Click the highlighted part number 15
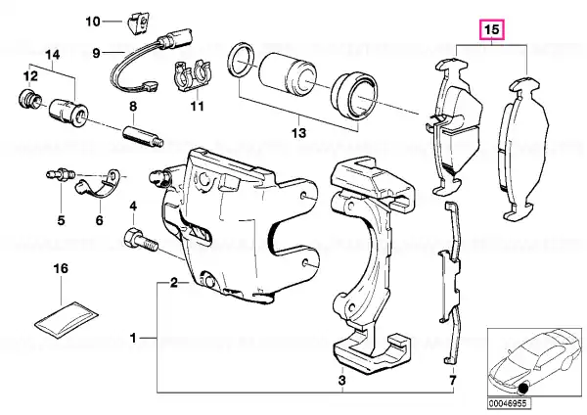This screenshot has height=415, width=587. tap(493, 29)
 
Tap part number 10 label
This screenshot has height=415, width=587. tap(93, 22)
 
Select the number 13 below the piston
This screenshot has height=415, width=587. tap(298, 132)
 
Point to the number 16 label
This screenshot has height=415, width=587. tap(61, 268)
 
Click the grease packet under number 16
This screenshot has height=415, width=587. tap(67, 319)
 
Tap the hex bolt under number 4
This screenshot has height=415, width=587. tap(140, 241)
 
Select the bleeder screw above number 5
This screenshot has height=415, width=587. tap(61, 175)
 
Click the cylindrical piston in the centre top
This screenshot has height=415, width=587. tap(288, 74)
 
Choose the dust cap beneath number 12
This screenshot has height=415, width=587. tap(29, 99)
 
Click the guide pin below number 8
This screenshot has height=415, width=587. tap(143, 136)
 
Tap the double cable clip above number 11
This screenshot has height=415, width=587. tap(193, 76)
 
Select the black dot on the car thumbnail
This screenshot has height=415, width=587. tap(522, 390)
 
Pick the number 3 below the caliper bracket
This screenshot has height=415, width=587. tap(341, 381)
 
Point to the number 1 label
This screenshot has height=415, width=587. tap(133, 339)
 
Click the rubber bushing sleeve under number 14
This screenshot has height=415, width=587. tap(68, 113)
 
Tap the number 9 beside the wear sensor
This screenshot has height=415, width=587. tap(96, 53)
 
